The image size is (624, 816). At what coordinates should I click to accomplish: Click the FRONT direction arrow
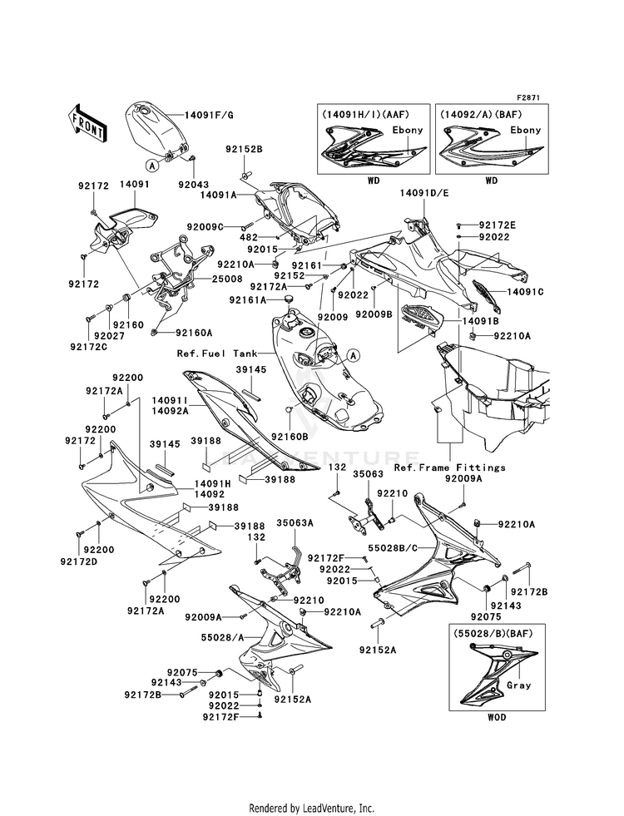(87, 123)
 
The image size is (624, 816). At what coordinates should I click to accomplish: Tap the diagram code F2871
(528, 97)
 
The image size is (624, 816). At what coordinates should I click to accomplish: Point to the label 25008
(226, 279)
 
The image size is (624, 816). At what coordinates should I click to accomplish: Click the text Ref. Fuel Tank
(217, 354)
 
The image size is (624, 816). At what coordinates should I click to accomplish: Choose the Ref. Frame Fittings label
(449, 467)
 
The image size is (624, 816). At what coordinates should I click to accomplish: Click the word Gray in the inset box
(518, 685)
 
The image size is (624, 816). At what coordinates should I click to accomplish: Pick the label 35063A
(295, 523)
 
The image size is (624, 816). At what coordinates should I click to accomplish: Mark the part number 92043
(193, 185)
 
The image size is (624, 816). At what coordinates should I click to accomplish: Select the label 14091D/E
(424, 193)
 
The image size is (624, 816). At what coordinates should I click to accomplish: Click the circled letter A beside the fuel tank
(353, 356)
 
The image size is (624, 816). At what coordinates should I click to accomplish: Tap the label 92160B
(290, 436)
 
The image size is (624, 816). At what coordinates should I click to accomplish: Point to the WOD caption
(497, 717)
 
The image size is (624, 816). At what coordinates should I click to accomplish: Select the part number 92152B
(244, 149)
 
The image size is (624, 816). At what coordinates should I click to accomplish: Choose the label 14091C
(525, 292)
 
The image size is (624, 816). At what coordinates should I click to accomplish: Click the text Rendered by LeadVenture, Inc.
(312, 809)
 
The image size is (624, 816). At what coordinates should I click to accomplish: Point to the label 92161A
(248, 299)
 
